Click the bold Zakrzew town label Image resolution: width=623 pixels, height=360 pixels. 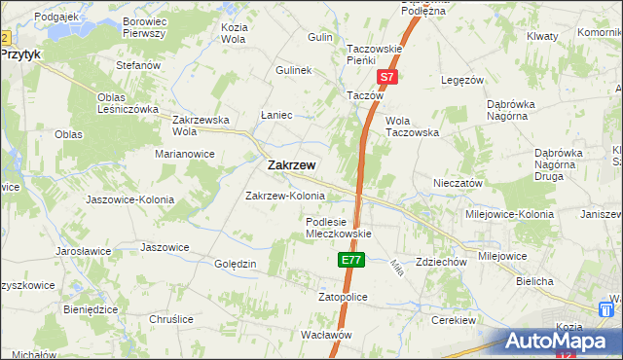(x=290, y=165)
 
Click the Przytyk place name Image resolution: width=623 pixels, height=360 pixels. (x=20, y=55)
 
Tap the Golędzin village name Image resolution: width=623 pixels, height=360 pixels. (x=235, y=264)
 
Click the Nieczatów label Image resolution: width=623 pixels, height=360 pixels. (x=458, y=183)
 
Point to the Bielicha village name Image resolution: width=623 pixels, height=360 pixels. (x=535, y=281)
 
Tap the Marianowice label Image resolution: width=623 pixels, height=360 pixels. (x=185, y=154)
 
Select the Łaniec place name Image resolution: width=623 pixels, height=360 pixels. (x=277, y=115)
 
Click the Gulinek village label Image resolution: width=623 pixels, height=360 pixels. (x=293, y=71)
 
